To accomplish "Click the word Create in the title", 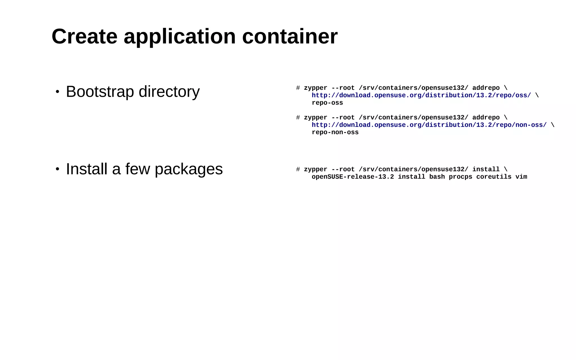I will pos(84,37).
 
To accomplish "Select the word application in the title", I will pos(179,37).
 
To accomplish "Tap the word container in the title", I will pos(290,37).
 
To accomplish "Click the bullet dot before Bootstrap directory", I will pos(57,92).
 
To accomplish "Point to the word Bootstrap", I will pos(100,92).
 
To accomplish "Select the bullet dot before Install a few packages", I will pos(57,169).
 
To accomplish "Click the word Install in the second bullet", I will pos(87,169).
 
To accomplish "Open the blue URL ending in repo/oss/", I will pos(421,95).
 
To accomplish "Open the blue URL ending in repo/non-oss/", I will pos(429,125).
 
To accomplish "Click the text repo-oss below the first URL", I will pos(327,103).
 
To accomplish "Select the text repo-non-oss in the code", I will pos(335,132).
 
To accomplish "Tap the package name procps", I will pos(460,177).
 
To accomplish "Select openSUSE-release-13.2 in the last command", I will pos(353,177).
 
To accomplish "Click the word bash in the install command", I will pos(437,177).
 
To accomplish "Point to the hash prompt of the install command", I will pos(298,170).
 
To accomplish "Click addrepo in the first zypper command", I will pos(486,88).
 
